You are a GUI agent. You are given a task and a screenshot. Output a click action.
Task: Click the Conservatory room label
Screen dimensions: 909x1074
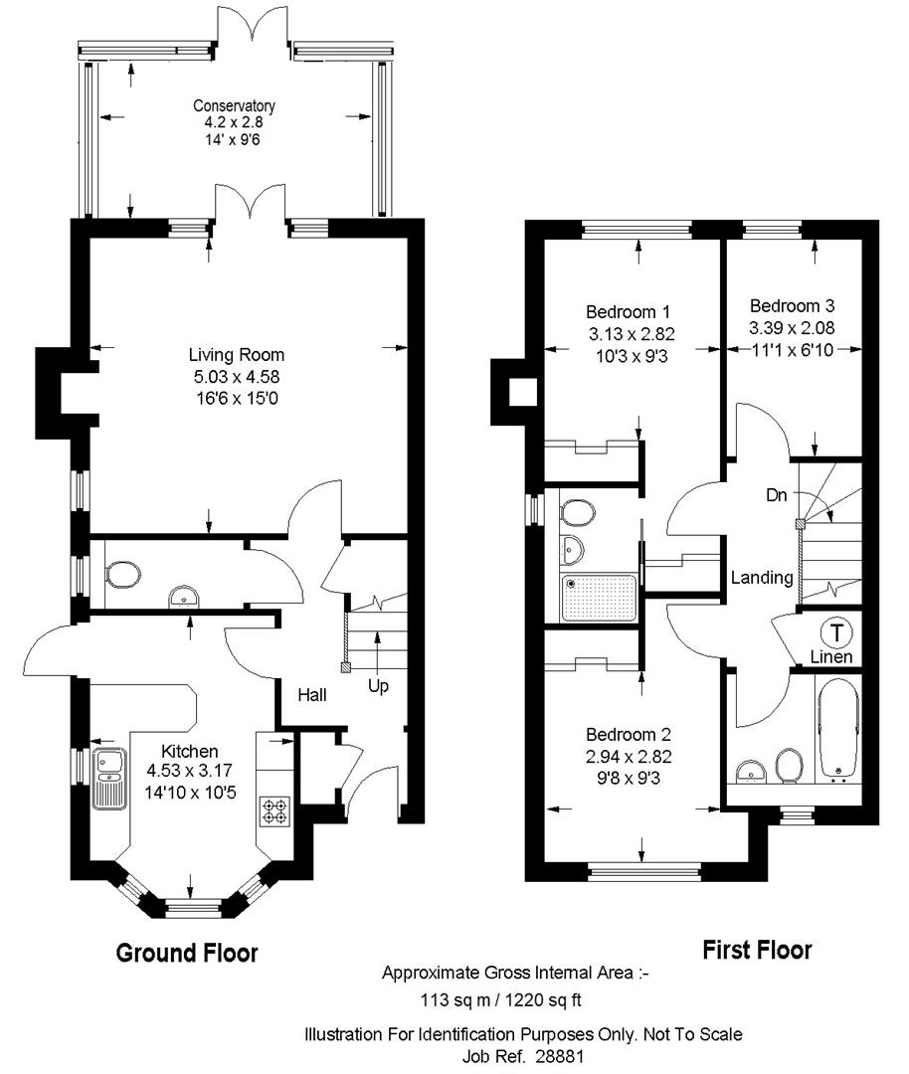point(234,105)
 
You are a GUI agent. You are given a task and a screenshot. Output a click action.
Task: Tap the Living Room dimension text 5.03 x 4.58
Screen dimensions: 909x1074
point(237,376)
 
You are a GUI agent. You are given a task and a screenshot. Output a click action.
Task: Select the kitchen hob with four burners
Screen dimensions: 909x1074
point(274,811)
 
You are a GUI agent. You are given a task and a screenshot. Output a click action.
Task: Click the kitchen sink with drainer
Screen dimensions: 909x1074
point(109,779)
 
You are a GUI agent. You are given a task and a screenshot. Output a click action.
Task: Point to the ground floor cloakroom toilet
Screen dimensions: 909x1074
point(122,575)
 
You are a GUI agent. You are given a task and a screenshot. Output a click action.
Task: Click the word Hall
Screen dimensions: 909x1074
point(311,695)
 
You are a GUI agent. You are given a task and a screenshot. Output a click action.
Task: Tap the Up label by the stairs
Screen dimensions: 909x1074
point(378,686)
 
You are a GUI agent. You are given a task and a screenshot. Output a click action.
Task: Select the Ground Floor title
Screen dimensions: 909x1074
point(186,953)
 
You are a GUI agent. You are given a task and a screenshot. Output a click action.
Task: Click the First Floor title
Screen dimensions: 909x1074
point(757,950)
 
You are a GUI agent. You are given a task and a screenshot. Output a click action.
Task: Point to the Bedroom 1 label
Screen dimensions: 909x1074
point(628,312)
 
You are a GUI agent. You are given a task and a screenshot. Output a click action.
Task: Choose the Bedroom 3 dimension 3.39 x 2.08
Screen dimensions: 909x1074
point(792,328)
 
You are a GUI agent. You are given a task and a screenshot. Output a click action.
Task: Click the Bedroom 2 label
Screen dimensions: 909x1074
point(629,735)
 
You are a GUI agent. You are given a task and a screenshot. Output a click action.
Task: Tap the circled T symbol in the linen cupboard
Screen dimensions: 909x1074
point(836,632)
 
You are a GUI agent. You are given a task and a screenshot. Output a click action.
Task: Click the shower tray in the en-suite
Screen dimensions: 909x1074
point(600,598)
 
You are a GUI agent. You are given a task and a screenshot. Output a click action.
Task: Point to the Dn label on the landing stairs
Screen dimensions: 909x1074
point(776,494)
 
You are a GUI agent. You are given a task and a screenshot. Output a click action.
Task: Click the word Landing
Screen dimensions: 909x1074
point(762,578)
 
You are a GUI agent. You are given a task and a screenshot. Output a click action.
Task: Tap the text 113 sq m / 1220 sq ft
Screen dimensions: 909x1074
point(500,1000)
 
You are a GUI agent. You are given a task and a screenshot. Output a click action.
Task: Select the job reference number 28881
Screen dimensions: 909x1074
point(560,1055)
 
